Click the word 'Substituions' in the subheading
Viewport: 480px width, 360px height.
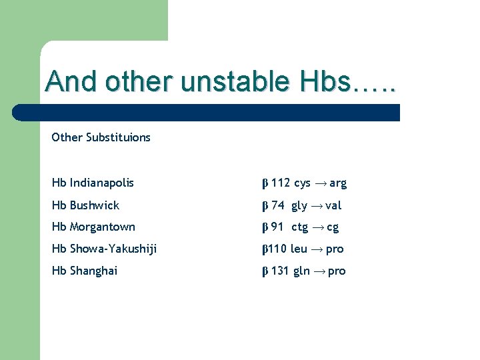pos(117,137)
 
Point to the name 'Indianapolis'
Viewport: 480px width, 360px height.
pos(102,183)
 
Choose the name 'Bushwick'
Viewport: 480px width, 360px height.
pos(95,205)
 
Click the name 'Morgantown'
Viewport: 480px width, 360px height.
pos(103,227)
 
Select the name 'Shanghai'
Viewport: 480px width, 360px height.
pos(94,271)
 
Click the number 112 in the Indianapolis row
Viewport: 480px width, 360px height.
pos(280,183)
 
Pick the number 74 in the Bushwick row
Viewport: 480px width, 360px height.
pos(277,205)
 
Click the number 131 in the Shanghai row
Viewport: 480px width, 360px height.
pos(280,271)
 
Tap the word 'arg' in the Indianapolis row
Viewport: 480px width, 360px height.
pos(338,183)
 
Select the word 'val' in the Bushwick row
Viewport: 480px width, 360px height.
pos(333,205)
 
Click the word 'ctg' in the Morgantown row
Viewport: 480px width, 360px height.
pos(300,227)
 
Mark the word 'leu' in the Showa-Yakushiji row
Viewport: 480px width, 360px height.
pos(299,249)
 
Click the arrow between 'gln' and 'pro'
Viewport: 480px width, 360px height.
pos(319,271)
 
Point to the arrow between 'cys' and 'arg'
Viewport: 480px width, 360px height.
pos(320,183)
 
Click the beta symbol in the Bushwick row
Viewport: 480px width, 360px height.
pos(264,205)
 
